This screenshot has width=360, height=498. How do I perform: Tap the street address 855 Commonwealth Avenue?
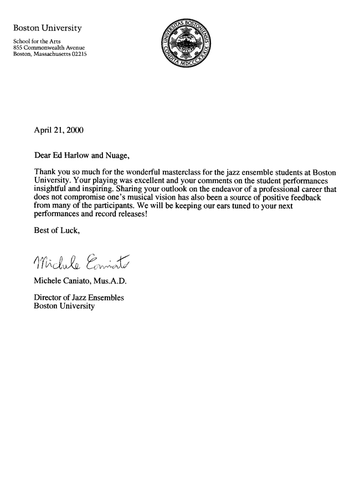(49, 48)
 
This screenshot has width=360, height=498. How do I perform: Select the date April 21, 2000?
(60, 130)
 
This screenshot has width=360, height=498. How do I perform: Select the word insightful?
(52, 189)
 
